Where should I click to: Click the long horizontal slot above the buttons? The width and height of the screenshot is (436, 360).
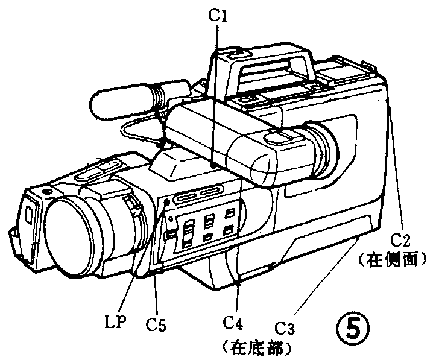click(x=197, y=195)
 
